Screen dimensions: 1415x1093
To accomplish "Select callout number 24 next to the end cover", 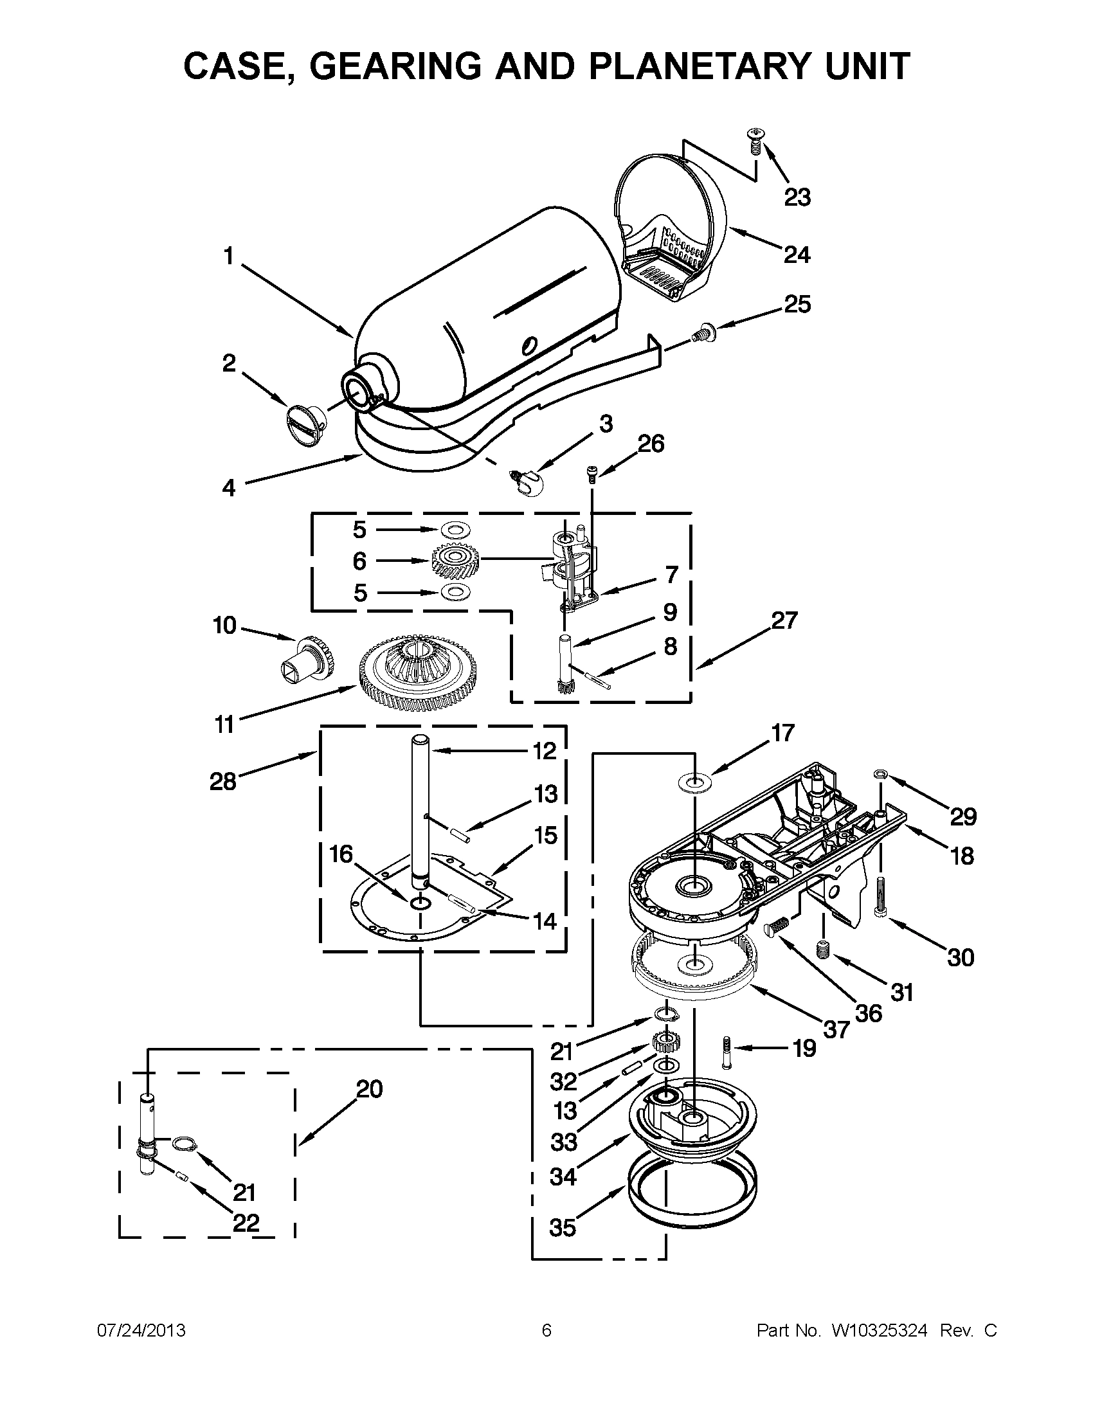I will [x=797, y=255].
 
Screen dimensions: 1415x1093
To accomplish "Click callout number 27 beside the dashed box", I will [x=784, y=620].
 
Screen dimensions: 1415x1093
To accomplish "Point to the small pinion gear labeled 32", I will [x=663, y=1043].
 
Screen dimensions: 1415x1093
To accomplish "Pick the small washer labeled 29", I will [x=880, y=773].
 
